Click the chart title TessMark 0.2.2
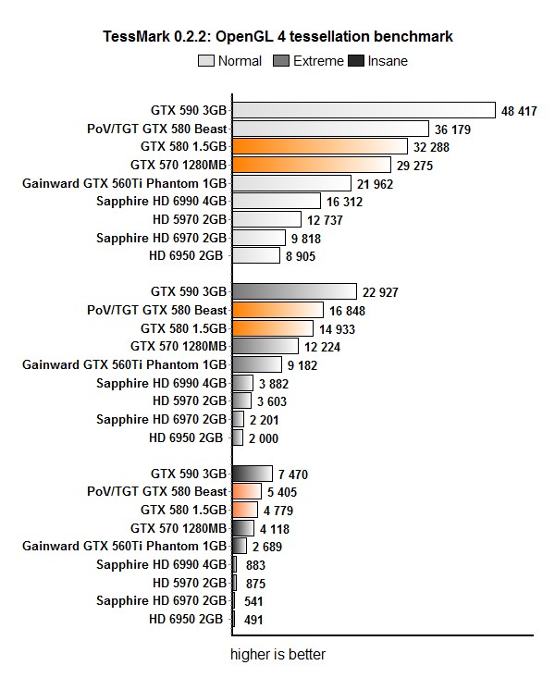click(278, 37)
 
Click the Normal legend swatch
click(206, 62)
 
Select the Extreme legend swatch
click(282, 62)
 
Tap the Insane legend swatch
click(355, 62)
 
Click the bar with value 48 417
click(364, 111)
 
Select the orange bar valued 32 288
click(320, 147)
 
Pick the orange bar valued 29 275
click(313, 165)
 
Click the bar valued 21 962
click(291, 183)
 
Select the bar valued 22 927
click(294, 292)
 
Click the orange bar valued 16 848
click(277, 310)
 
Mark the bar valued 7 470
click(253, 474)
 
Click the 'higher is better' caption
click(278, 655)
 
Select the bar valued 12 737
click(266, 219)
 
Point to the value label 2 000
click(264, 437)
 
